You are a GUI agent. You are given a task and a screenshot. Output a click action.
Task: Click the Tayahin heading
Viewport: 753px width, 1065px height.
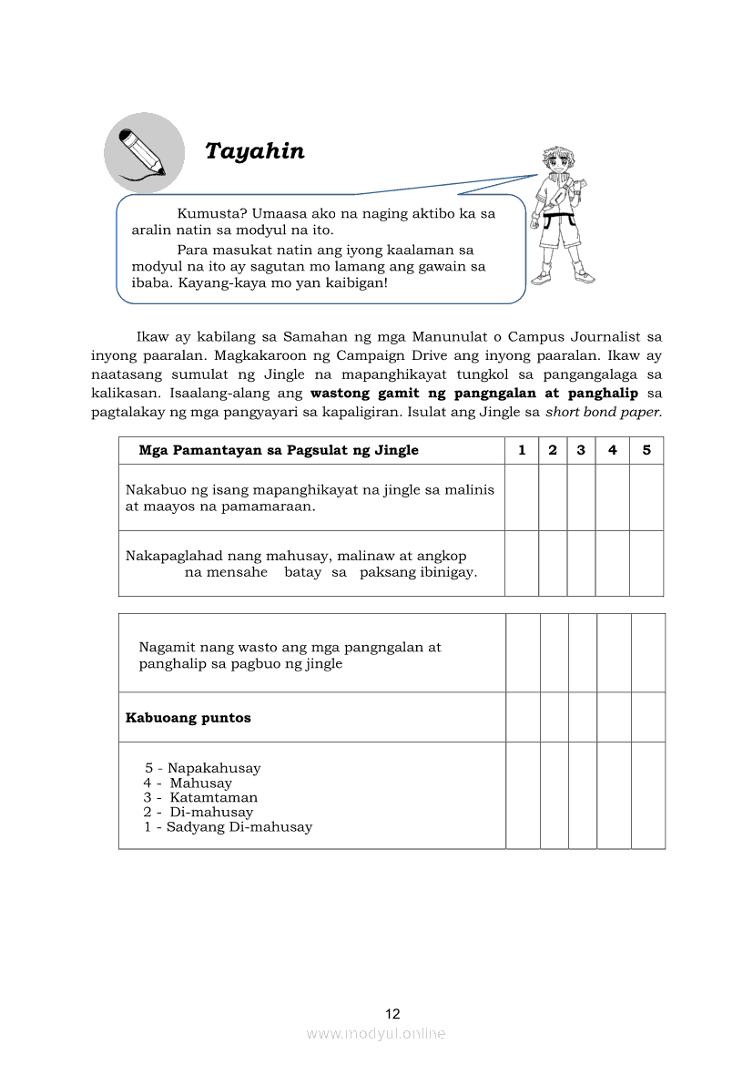point(255,151)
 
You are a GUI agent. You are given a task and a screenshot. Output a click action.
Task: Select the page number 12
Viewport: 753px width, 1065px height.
point(392,1014)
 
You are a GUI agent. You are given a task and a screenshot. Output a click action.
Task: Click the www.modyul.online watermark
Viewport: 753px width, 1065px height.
point(376,1034)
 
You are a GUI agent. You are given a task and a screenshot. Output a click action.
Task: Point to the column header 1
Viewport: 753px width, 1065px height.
point(522,450)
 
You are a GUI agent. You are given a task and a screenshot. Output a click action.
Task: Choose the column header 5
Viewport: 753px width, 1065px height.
point(646,450)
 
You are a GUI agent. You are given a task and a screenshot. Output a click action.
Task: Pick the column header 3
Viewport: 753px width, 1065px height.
point(581,450)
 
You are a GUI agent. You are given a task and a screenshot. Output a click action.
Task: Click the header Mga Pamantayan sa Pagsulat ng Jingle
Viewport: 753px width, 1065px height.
point(279,450)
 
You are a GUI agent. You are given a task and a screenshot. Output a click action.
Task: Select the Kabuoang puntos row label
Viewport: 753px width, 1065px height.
point(188,718)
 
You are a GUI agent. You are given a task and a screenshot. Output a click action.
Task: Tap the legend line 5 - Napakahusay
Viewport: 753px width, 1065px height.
point(202,768)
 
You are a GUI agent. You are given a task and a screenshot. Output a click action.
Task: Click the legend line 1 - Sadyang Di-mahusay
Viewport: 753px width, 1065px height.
point(228,827)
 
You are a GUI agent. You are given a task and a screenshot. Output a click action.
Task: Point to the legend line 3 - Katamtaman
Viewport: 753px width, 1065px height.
point(200,797)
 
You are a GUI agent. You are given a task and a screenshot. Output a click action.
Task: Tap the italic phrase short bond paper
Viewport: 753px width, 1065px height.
point(604,411)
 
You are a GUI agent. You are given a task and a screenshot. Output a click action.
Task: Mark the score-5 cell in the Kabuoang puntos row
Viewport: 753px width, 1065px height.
point(648,717)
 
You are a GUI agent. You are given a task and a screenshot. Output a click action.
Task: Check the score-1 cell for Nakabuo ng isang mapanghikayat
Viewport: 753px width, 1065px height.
point(522,497)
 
